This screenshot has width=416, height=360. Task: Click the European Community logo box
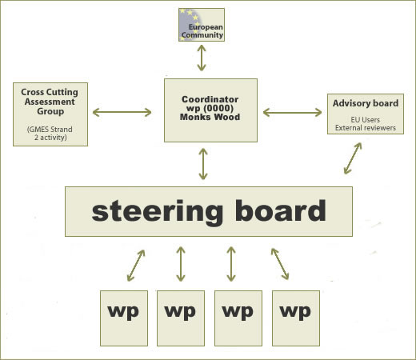(202, 25)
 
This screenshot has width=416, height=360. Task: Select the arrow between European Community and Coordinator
(202, 58)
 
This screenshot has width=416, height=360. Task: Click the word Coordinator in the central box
(210, 99)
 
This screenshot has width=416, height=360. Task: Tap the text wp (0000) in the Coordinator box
(210, 108)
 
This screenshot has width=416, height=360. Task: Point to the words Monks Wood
(210, 117)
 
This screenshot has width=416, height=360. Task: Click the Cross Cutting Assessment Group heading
(50, 102)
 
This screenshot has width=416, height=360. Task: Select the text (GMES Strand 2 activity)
(50, 134)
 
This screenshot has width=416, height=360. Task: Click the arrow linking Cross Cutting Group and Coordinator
(122, 112)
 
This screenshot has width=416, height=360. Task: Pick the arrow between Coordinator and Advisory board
(292, 113)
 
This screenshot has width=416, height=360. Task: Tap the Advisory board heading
(366, 103)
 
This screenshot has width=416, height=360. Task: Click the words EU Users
(366, 120)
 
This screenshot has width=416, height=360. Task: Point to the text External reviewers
(366, 128)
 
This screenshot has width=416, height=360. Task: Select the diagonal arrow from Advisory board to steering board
(353, 158)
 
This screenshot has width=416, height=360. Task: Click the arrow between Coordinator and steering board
(203, 164)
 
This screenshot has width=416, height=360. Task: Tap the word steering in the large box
(158, 211)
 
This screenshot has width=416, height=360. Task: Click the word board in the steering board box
(281, 210)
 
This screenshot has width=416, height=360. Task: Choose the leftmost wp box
(124, 318)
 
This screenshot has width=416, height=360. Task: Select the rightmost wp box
(296, 318)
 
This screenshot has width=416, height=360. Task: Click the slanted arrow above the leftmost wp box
(136, 266)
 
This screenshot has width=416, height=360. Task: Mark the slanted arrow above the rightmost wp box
(280, 264)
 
